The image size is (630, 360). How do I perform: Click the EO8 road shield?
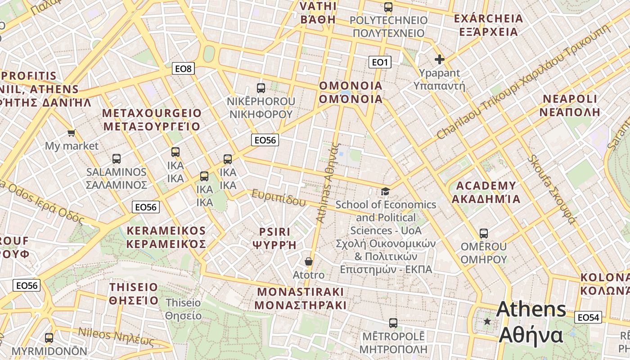click(183, 68)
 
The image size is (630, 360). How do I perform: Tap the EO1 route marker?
click(379, 62)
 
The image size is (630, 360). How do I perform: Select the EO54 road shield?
click(588, 318)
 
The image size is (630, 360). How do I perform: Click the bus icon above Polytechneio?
click(388, 7)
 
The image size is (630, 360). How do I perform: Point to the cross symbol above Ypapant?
click(440, 59)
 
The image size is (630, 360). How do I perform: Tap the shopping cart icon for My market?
click(71, 132)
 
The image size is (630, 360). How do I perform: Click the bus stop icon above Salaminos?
click(117, 159)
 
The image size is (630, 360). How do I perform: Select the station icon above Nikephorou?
click(261, 88)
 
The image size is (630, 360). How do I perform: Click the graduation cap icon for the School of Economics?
click(385, 192)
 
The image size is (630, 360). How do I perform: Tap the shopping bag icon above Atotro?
click(309, 261)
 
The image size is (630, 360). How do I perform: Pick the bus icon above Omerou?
click(484, 234)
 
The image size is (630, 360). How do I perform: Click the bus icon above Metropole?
click(393, 323)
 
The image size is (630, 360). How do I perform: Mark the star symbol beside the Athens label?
click(487, 321)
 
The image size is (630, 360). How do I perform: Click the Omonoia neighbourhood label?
click(351, 92)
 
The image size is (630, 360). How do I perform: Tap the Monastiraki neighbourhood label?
click(300, 298)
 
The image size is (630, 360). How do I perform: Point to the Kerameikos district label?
click(166, 237)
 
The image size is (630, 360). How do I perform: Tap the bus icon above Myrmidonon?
click(49, 337)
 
